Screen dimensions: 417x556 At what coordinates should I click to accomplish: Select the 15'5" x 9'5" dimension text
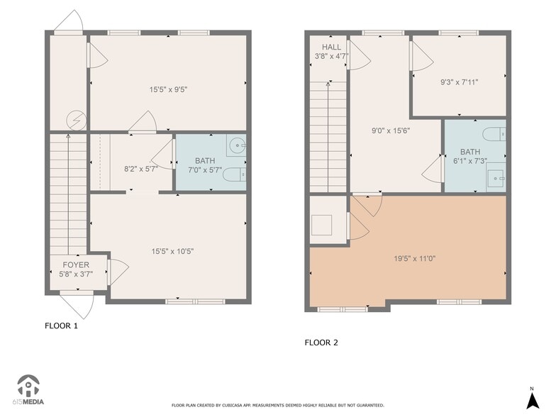(168, 89)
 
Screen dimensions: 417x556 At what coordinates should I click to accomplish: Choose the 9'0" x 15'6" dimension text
(391, 130)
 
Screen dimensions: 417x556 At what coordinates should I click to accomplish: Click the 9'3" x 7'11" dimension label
(459, 82)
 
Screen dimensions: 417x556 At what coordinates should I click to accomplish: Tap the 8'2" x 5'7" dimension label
(140, 169)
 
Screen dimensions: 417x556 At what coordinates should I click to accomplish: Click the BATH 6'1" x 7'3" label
(469, 156)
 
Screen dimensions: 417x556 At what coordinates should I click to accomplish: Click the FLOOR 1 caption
(61, 326)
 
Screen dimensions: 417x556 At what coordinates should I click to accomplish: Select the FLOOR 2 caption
(321, 343)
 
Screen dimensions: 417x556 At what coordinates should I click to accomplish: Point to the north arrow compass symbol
(531, 399)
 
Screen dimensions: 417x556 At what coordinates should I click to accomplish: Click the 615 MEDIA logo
(30, 391)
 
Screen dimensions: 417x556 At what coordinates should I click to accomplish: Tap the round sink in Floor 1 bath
(237, 147)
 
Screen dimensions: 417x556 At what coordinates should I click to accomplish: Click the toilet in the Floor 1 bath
(234, 174)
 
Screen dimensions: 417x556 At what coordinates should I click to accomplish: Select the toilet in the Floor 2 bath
(494, 133)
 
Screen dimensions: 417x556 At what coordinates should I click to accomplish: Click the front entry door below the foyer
(77, 306)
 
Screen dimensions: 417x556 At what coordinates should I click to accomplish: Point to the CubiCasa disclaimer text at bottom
(278, 405)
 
